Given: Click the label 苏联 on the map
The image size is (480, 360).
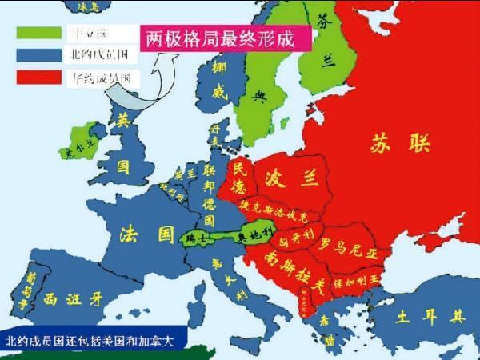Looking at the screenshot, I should point(400,144).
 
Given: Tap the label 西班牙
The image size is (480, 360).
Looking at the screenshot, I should point(74,299).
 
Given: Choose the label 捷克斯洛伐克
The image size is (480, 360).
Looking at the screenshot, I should point(282,210).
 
